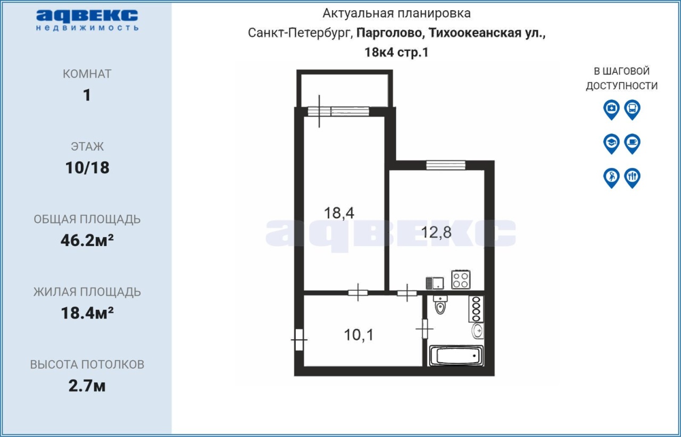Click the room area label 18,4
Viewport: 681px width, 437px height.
pos(339,213)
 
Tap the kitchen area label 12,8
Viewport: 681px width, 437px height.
pos(436,232)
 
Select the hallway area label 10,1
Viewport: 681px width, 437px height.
pos(359,335)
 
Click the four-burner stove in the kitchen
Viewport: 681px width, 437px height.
pos(461,279)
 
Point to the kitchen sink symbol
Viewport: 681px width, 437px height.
pos(435,283)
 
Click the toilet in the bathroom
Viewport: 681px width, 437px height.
pos(440,305)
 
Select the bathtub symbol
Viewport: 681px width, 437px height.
pos(455,356)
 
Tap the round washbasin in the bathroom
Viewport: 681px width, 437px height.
pos(478,330)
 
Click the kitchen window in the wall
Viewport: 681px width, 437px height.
pos(446,165)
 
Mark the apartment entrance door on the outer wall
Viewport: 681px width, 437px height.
pos(299,340)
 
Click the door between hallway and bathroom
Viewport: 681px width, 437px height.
pos(425,329)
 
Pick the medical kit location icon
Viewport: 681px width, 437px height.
pos(611,110)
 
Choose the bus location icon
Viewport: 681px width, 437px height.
pos(633,110)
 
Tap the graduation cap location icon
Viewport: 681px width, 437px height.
pos(611,144)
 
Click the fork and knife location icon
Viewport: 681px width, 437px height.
pos(633,178)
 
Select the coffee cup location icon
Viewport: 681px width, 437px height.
pos(633,144)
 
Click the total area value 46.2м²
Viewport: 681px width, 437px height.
pos(87,240)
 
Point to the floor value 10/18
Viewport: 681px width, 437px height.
pos(87,167)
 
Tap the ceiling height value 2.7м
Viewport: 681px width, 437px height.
pos(87,386)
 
